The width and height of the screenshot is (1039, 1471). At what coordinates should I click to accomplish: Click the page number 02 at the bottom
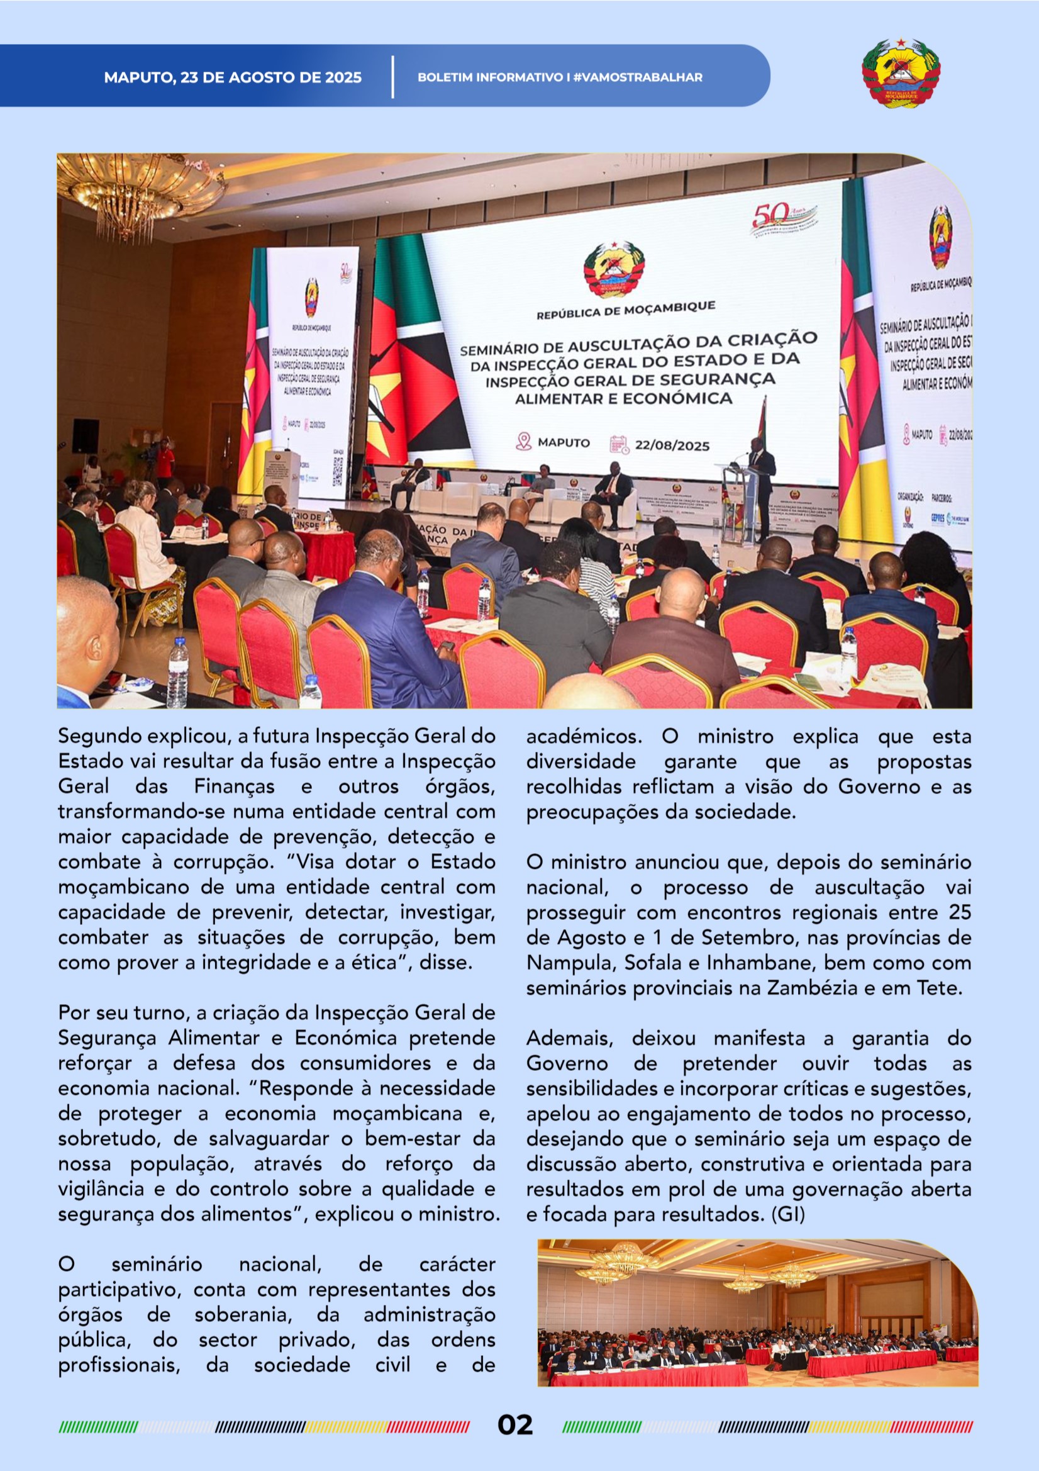click(x=515, y=1425)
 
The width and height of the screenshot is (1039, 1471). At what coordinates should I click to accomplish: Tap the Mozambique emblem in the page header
click(x=900, y=74)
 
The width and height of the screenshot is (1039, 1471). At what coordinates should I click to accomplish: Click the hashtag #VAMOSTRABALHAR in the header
click(x=637, y=77)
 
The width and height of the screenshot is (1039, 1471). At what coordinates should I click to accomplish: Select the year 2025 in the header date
click(x=343, y=77)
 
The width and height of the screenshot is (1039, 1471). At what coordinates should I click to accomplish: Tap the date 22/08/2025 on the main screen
click(x=671, y=445)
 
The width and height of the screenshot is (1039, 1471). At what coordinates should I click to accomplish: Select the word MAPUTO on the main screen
click(x=564, y=442)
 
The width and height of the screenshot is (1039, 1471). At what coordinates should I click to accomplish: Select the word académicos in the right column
click(x=583, y=736)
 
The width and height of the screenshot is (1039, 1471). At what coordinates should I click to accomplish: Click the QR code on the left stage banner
click(x=338, y=470)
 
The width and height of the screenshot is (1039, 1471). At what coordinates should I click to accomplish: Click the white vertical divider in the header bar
click(x=392, y=77)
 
